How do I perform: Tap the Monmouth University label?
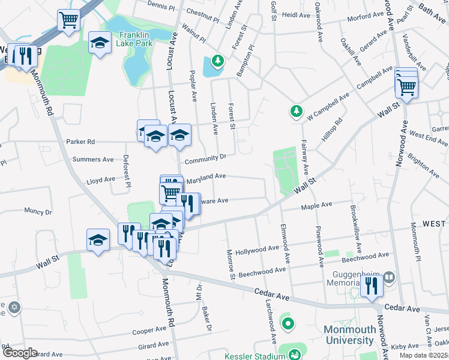(349, 335)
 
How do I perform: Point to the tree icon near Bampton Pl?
(217, 60)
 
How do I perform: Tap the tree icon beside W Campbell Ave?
(296, 110)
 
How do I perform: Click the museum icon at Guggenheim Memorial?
(389, 277)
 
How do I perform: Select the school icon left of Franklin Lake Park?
(100, 43)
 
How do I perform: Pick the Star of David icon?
(14, 308)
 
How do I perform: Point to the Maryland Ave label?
(206, 178)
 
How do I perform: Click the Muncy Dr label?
(38, 211)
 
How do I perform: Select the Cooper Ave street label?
(149, 331)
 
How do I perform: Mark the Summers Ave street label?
(92, 160)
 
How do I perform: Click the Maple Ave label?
(316, 206)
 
